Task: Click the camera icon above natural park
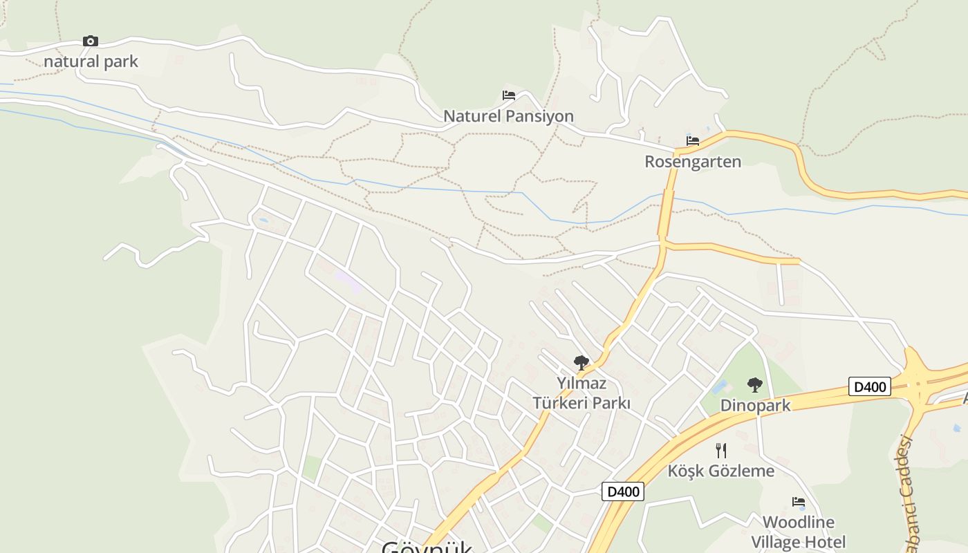pyautogui.click(x=91, y=41)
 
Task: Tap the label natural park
pyautogui.click(x=91, y=62)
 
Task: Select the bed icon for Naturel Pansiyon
pyautogui.click(x=509, y=95)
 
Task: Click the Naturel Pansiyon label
pyautogui.click(x=508, y=116)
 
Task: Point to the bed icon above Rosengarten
pyautogui.click(x=693, y=141)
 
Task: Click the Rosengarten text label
pyautogui.click(x=693, y=162)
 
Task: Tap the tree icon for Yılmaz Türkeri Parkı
pyautogui.click(x=581, y=362)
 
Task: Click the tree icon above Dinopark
pyautogui.click(x=755, y=385)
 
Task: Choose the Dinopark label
pyautogui.click(x=755, y=406)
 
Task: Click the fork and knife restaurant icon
pyautogui.click(x=721, y=451)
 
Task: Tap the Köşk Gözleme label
pyautogui.click(x=721, y=471)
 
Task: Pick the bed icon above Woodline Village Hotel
pyautogui.click(x=799, y=502)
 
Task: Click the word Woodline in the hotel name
pyautogui.click(x=799, y=522)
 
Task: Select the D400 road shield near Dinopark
pyautogui.click(x=870, y=386)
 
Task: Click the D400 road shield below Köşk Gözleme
pyautogui.click(x=623, y=491)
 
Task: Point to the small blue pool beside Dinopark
pyautogui.click(x=719, y=386)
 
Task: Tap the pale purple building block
pyautogui.click(x=348, y=282)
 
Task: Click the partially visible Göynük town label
pyautogui.click(x=427, y=547)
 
